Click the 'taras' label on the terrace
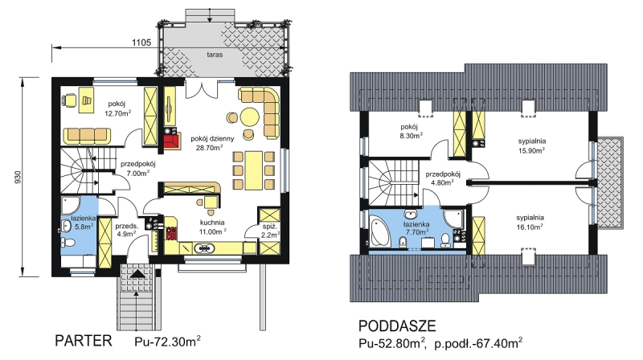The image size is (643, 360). coord(215,55)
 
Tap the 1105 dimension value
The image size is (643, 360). coord(141,43)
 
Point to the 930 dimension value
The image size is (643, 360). coord(17,176)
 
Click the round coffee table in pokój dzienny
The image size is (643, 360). coord(249,116)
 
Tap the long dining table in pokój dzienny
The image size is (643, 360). coord(253,170)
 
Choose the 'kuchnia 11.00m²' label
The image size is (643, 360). coord(212,227)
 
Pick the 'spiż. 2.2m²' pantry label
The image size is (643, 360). coord(271,230)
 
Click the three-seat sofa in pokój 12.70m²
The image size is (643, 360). coord(87,136)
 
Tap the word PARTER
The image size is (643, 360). coord(84,341)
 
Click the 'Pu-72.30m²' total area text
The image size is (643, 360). coord(167,341)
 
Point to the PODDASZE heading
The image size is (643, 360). coord(397,326)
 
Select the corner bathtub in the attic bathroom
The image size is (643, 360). coord(380,232)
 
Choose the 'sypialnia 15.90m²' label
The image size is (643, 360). coord(532,145)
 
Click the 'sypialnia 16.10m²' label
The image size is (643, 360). coord(530,222)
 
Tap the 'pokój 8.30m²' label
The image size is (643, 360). coord(412,130)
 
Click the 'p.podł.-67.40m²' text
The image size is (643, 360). coord(478,343)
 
